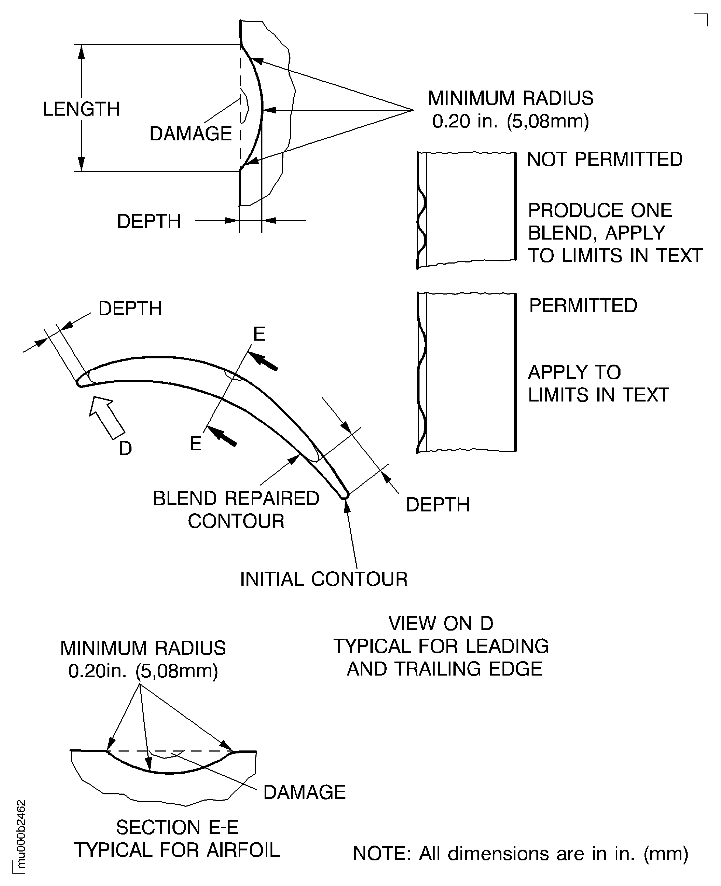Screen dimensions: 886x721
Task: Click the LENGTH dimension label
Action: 81,109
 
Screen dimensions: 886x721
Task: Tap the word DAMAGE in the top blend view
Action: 190,134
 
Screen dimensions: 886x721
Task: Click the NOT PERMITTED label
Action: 605,160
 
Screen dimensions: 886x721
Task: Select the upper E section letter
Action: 259,334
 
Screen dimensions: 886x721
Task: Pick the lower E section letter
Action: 196,444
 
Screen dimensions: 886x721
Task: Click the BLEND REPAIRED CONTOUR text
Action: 236,509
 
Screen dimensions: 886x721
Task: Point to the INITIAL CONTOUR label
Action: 324,579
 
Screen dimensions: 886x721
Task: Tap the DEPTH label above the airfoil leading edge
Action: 130,309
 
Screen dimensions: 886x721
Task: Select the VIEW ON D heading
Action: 441,624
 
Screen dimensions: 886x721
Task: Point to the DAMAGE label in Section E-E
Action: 304,792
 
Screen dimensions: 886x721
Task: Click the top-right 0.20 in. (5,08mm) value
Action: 510,121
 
